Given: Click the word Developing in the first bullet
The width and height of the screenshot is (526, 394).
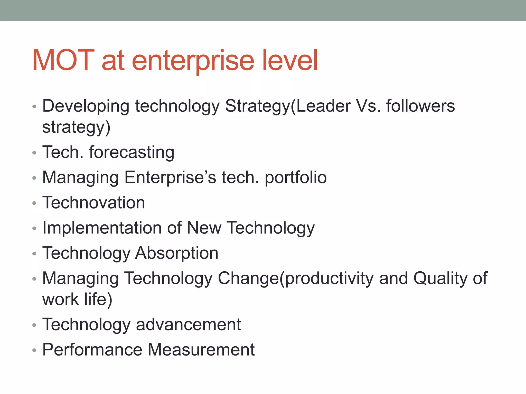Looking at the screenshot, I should click(86, 106).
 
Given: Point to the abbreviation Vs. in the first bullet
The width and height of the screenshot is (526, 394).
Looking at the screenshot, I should click(368, 106).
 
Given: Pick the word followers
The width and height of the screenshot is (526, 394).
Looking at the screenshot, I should click(420, 106).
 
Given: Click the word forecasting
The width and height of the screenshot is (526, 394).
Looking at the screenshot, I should click(132, 152).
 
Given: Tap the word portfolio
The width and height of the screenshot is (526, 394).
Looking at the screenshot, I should click(296, 178).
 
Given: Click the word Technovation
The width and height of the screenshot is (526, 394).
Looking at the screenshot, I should click(94, 203).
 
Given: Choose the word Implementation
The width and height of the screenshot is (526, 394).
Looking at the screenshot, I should click(102, 228).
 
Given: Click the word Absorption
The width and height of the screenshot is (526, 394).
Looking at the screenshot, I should click(177, 253).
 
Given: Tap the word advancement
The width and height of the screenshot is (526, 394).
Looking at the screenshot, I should click(188, 324).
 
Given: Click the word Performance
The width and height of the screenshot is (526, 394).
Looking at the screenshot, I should click(92, 350).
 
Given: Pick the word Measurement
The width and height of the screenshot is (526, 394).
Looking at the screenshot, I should click(201, 350).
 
